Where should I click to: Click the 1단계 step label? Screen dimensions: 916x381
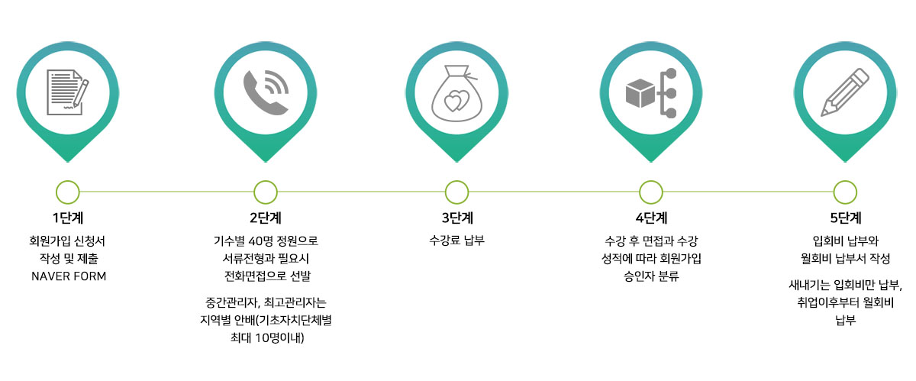pyautogui.click(x=68, y=218)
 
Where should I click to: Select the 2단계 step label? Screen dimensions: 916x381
pyautogui.click(x=266, y=218)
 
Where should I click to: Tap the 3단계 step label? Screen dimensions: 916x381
pyautogui.click(x=457, y=218)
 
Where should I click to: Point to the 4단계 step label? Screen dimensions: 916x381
pyautogui.click(x=651, y=218)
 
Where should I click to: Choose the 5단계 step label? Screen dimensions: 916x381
pyautogui.click(x=846, y=218)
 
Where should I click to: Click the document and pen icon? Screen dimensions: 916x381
pyautogui.click(x=67, y=92)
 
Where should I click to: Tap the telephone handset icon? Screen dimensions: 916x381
pyautogui.click(x=266, y=92)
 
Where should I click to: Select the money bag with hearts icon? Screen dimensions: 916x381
pyautogui.click(x=456, y=93)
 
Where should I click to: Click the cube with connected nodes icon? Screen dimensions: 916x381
pyautogui.click(x=651, y=93)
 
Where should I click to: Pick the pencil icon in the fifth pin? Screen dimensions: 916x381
pyautogui.click(x=845, y=92)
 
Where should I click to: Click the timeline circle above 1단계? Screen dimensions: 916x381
pyautogui.click(x=68, y=192)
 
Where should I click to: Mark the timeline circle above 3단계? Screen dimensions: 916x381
pyautogui.click(x=456, y=192)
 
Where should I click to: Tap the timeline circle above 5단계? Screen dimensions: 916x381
pyautogui.click(x=845, y=192)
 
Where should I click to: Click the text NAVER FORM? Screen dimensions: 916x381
pyautogui.click(x=69, y=276)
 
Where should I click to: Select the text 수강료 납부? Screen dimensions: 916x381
pyautogui.click(x=456, y=241)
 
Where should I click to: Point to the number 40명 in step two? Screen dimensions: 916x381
pyautogui.click(x=260, y=241)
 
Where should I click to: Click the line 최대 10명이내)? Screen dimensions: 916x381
pyautogui.click(x=267, y=338)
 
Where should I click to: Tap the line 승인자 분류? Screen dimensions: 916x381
pyautogui.click(x=651, y=276)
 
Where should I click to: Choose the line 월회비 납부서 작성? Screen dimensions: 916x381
pyautogui.click(x=845, y=259)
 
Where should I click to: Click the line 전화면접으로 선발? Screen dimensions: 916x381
pyautogui.click(x=267, y=276)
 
